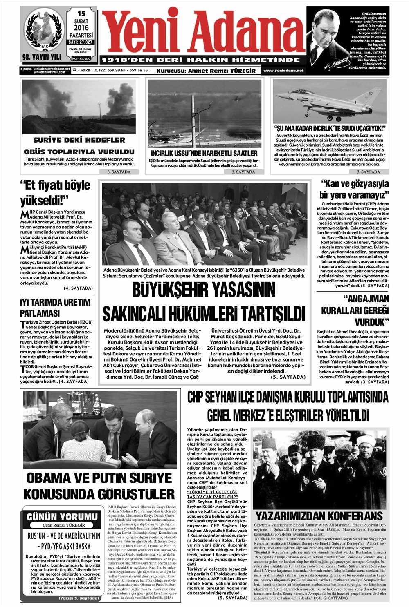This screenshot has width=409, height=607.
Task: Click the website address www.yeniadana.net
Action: pyautogui.click(x=283, y=71)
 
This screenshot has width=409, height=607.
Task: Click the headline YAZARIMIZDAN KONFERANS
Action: pyautogui.click(x=319, y=515)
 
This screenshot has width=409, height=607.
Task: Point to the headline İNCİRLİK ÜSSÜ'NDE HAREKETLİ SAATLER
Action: pyautogui.click(x=204, y=153)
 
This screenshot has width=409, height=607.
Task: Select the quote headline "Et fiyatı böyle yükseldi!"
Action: pyautogui.click(x=56, y=192)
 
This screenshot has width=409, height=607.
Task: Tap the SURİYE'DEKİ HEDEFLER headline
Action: pyautogui.click(x=79, y=140)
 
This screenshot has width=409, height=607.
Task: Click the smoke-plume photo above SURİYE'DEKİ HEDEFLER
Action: pyautogui.click(x=79, y=106)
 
